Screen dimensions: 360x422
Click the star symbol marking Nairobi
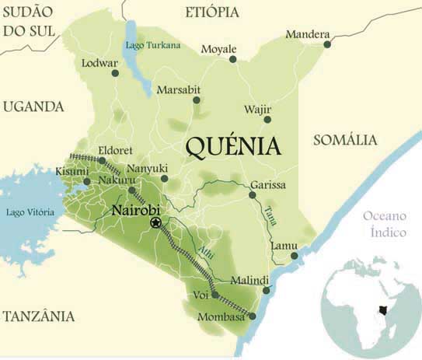tap(155, 223)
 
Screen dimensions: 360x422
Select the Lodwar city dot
tap(115, 73)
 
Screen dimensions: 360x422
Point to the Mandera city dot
tap(327, 44)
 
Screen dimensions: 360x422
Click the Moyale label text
tap(218, 50)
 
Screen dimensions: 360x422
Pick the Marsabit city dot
tap(197, 100)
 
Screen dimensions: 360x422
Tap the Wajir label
tap(257, 109)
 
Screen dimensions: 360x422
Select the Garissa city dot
tap(252, 194)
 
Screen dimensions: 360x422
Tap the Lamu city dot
tap(294, 256)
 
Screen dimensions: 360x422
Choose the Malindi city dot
tap(267, 290)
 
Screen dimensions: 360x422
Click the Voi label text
tap(201, 295)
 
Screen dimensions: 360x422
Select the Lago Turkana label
tap(153, 45)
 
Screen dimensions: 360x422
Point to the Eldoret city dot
tap(102, 160)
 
